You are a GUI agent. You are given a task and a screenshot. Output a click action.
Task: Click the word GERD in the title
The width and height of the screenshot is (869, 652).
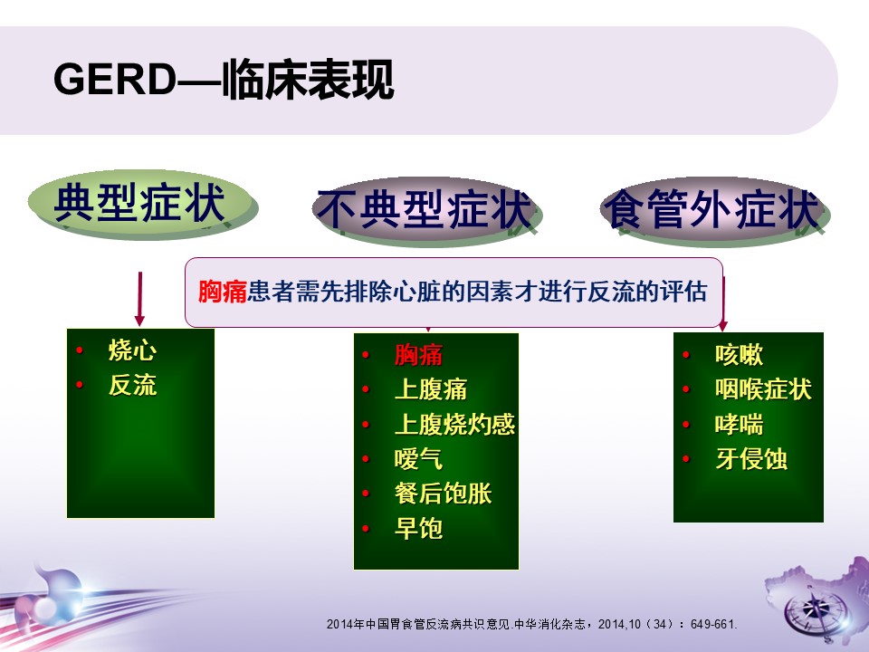click(115, 79)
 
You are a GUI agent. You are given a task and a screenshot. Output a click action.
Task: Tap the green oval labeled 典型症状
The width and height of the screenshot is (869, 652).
click(143, 204)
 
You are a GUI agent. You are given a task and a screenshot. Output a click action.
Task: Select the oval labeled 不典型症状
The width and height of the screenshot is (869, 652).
click(426, 211)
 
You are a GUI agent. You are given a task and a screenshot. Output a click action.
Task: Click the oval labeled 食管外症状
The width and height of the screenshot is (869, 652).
click(714, 211)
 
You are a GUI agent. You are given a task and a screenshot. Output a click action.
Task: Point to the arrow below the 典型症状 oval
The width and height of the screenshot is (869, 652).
click(139, 298)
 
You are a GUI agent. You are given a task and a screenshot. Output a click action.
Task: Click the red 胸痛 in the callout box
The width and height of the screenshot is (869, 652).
click(223, 292)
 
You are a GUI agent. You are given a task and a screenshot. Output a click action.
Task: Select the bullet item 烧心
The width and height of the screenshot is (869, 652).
click(132, 350)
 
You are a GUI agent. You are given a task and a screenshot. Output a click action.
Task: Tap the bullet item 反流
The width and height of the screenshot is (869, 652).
click(132, 386)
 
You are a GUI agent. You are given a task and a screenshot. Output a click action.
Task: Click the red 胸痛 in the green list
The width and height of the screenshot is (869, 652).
click(418, 355)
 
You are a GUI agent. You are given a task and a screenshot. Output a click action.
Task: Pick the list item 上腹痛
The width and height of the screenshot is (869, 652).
click(431, 389)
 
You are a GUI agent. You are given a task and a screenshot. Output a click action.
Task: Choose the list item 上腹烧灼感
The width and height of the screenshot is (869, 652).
click(454, 424)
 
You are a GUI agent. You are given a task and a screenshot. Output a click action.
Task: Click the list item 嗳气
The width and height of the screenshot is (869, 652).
click(418, 459)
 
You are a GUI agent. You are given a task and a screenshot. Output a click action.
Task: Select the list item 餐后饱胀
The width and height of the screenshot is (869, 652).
click(443, 494)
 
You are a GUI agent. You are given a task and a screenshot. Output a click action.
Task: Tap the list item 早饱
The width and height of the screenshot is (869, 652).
click(418, 528)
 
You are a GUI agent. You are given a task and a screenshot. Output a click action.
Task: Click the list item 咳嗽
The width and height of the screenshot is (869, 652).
click(739, 355)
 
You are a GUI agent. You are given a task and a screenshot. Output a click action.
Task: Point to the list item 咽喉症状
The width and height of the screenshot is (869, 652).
click(763, 389)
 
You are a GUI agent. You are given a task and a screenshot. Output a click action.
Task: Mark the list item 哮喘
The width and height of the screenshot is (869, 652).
click(739, 425)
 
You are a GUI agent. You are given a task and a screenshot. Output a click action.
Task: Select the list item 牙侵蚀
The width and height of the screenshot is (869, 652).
click(751, 459)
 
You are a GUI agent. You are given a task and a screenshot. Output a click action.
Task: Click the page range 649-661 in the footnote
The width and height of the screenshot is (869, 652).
click(712, 624)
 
